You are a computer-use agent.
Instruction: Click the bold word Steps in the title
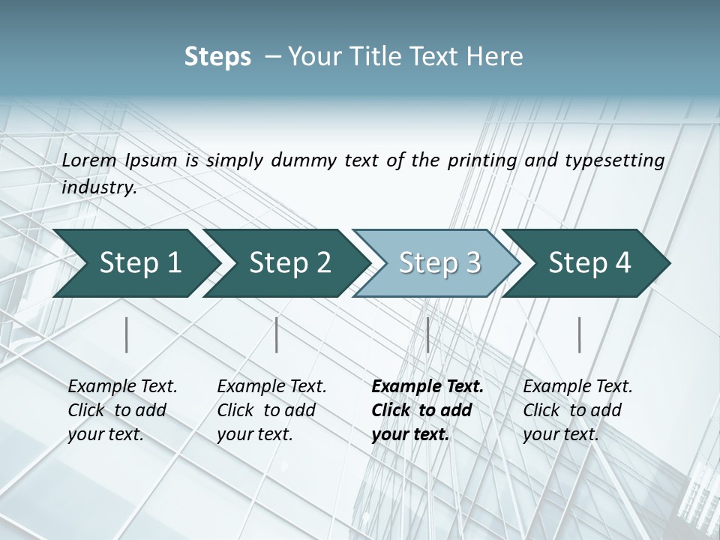pos(217,57)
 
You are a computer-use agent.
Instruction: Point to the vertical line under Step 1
pos(127,334)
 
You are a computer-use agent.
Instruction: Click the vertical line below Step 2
pos(277,334)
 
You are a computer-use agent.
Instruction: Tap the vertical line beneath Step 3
pos(427,334)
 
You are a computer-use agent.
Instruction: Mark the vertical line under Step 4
pos(579,334)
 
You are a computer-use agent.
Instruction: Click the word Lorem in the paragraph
pos(89,160)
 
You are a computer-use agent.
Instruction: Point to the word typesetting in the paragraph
pos(614,160)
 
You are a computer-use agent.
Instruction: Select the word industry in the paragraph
pos(99,187)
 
